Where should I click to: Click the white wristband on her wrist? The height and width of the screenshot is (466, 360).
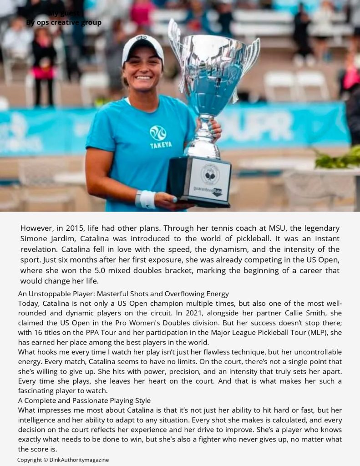[147, 199]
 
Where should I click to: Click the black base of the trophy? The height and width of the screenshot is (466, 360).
[198, 182]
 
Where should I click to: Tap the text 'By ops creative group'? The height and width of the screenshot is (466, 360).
[64, 22]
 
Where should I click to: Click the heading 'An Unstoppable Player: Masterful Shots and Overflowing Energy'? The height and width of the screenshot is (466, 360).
[123, 294]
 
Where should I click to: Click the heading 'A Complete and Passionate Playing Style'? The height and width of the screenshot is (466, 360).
[84, 400]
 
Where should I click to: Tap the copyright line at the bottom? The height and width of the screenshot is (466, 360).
[63, 460]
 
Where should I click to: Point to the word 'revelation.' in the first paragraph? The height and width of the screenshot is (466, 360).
[41, 249]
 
